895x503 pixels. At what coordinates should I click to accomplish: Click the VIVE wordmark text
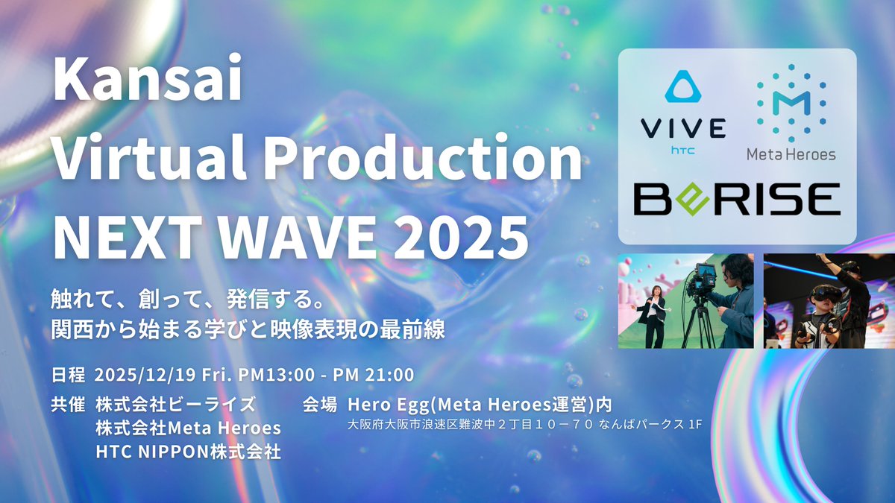click(x=683, y=128)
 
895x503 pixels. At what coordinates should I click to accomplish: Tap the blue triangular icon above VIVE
click(x=683, y=86)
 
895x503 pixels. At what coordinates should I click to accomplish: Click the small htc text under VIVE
click(x=683, y=149)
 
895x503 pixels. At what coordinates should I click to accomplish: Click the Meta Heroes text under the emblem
click(x=791, y=154)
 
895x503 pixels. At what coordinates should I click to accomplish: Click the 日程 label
click(x=69, y=373)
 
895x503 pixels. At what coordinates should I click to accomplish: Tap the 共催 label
click(x=69, y=405)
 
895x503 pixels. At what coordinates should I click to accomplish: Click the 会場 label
click(x=321, y=405)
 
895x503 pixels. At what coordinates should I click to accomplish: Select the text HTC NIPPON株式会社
click(x=188, y=452)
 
